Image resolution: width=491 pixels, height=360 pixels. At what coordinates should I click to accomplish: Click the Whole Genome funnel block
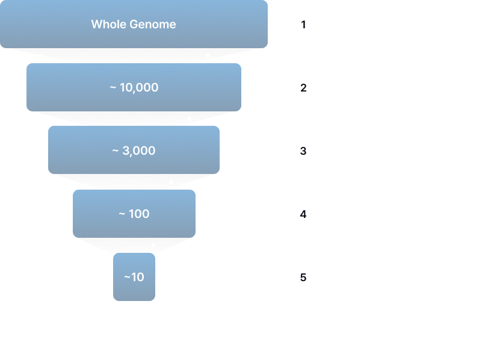click(x=134, y=25)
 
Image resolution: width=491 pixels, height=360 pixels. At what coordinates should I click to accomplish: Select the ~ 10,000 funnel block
click(x=134, y=87)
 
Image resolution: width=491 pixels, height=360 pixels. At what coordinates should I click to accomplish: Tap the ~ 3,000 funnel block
click(x=134, y=151)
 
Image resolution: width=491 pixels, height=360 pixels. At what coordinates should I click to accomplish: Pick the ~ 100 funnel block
click(x=134, y=214)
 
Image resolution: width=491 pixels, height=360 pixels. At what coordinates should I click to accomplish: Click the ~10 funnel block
click(x=134, y=277)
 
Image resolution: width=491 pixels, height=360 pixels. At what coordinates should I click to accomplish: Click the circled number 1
click(x=304, y=25)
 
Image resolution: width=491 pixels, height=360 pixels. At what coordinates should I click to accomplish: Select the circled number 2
click(x=304, y=88)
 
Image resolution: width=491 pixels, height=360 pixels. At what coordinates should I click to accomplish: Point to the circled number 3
click(x=304, y=151)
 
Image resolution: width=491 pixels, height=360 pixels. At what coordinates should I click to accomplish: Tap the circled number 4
click(x=304, y=214)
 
